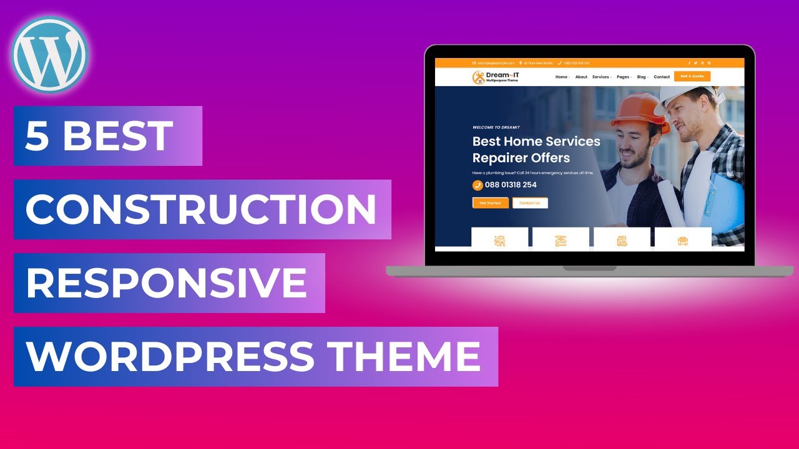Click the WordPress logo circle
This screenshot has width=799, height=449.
49,55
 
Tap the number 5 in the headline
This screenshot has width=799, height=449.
37,136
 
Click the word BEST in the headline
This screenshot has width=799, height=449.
118,136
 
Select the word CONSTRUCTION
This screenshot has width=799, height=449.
201,210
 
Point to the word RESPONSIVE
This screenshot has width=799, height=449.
167,283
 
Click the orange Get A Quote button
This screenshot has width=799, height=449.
692,77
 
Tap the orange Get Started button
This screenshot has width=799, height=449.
490,203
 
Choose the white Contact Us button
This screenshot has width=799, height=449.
530,203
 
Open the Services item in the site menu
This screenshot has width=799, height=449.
600,77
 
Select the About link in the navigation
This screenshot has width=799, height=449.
581,77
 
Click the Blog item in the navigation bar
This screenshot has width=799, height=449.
642,77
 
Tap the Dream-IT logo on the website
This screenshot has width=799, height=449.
496,77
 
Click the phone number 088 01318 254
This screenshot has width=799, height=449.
510,185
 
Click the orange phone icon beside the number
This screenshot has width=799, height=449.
478,185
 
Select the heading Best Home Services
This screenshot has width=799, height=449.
536,142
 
